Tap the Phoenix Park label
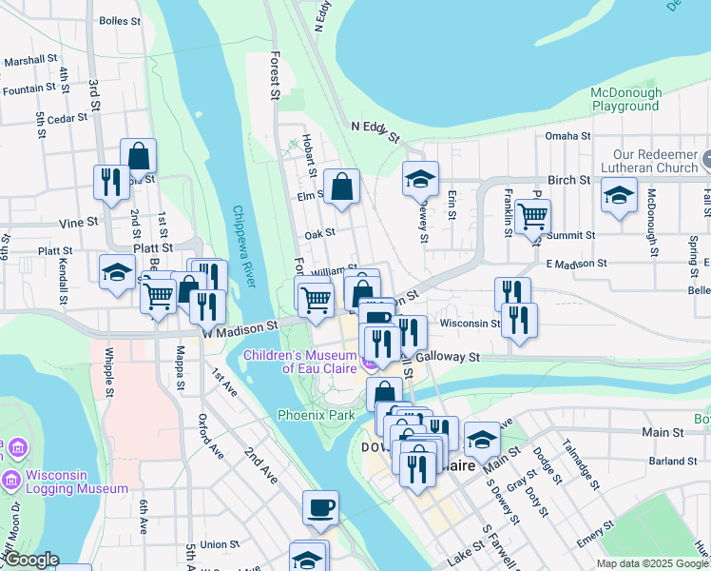pos(316,416)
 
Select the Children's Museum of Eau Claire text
pos(302,362)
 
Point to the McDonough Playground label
pos(625,99)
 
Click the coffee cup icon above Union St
pos(320,506)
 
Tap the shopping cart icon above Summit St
pos(531,216)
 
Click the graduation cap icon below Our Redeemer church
pos(619,195)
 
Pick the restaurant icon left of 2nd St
pos(110,181)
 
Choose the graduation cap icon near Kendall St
pos(117,272)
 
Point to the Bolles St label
pos(119,20)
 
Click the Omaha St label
pos(568,136)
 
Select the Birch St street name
pos(569,180)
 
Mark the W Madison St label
pos(240,325)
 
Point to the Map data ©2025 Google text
pos(651,563)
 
